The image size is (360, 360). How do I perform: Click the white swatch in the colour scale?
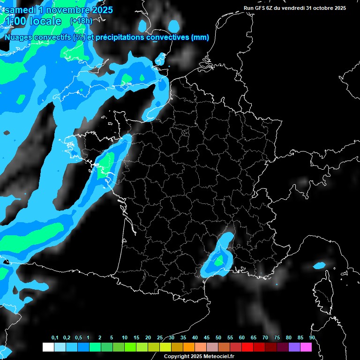pos(48,347)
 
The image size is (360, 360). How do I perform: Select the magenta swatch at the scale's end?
pos(306,347)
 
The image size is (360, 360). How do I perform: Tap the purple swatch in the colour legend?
pos(294,347)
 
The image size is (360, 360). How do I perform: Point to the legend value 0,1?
pos(55,337)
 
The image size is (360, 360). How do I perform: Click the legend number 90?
pos(312,337)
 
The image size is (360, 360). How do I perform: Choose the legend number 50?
pos(218,337)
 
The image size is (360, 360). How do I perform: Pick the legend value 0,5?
pos(78,337)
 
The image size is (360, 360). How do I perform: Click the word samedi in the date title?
pos(23,9)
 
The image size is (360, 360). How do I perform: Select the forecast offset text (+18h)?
pos(81,21)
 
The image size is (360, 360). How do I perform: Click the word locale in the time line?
pos(45,21)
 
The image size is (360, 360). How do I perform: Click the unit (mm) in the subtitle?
pos(199,37)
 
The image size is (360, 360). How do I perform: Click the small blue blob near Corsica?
pos(319,265)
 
